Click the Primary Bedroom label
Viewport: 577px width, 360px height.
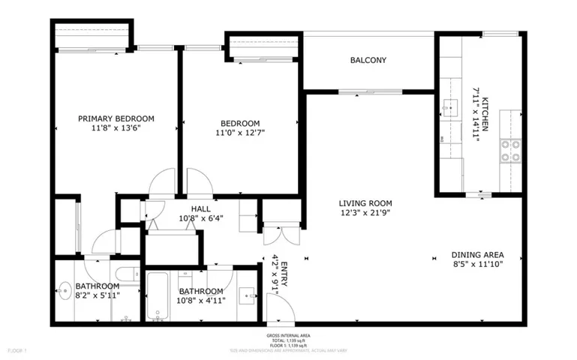[x=116, y=118]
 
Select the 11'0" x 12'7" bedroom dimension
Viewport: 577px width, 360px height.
[x=240, y=133]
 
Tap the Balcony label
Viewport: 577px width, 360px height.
[x=368, y=61]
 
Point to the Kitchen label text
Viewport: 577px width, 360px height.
[x=485, y=114]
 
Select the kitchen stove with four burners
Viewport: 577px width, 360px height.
[x=511, y=151]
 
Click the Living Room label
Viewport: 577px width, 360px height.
[x=365, y=203]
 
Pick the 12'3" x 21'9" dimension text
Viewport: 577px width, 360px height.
[x=365, y=212]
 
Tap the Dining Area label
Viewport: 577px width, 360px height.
[x=477, y=254]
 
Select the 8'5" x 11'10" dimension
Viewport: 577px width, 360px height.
[x=477, y=264]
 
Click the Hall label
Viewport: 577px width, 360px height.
[x=200, y=209]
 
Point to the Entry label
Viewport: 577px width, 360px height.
[x=284, y=274]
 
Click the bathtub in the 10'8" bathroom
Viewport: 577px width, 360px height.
[x=158, y=297]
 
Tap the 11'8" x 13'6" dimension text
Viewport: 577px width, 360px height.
[x=116, y=128]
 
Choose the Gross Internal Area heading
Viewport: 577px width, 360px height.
[x=289, y=335]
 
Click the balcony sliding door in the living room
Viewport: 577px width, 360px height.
[x=359, y=92]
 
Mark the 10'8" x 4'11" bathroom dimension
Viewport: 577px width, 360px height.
[x=200, y=301]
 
